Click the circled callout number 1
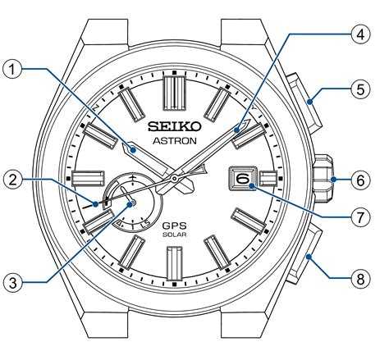[12, 70]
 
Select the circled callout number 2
[12, 180]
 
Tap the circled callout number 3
[12, 283]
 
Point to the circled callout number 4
[360, 34]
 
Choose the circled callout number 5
[360, 89]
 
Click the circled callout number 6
[360, 180]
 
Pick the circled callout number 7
[360, 217]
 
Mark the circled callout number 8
[360, 280]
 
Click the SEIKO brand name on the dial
[175, 126]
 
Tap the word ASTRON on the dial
[175, 141]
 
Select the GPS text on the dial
[175, 226]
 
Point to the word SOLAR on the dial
[175, 235]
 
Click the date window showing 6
[242, 179]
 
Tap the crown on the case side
[323, 178]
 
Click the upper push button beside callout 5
[304, 103]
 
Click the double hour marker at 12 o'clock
[175, 93]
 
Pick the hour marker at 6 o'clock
[175, 263]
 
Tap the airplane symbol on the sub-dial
[133, 178]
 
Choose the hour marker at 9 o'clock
[88, 179]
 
